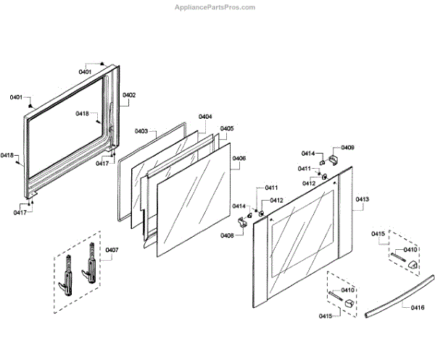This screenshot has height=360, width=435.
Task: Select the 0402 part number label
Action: click(x=129, y=95)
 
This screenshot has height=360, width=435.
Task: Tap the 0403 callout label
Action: click(x=141, y=131)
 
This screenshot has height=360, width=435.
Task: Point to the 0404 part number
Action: click(x=205, y=117)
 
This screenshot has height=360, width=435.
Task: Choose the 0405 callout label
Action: click(x=227, y=128)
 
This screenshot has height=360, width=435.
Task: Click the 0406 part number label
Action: click(x=239, y=158)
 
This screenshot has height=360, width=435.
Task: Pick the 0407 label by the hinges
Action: click(x=112, y=250)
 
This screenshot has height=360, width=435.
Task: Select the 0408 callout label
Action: click(x=228, y=235)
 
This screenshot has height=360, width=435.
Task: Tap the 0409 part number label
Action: click(x=348, y=148)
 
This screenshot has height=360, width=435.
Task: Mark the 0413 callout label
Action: click(x=362, y=198)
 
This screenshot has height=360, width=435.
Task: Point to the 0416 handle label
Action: click(x=417, y=309)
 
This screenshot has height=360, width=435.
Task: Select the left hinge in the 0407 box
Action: click(x=66, y=272)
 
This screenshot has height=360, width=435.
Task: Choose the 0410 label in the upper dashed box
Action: click(x=410, y=250)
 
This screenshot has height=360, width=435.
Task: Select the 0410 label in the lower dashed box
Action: click(x=348, y=290)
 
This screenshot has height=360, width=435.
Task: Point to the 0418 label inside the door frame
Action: click(x=82, y=114)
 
